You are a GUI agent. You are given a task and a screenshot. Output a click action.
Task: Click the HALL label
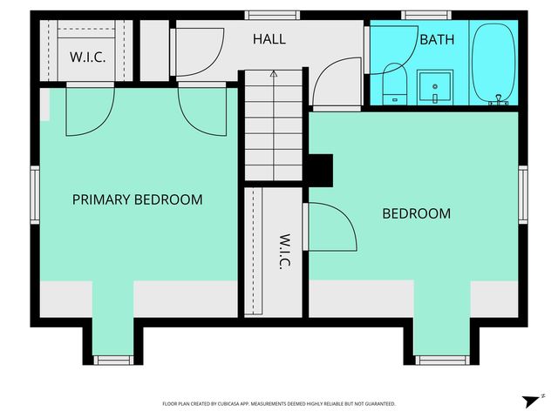coord(269,39)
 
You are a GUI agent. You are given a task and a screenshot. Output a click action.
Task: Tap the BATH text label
coord(436,39)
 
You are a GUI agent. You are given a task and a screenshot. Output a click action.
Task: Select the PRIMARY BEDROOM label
coord(137,199)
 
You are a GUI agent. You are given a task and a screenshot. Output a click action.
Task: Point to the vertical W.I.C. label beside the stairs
coord(284,252)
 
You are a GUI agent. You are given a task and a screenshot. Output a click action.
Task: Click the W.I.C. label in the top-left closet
coord(87,57)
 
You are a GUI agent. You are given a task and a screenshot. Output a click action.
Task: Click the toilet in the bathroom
coord(393,84)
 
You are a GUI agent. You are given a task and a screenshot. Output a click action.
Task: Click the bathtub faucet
coord(499,102)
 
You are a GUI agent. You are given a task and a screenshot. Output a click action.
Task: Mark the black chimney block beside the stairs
coord(321,170)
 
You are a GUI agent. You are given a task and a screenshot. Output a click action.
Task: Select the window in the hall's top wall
coord(260,15)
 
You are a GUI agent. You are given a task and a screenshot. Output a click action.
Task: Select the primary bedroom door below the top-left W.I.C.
coord(87,111)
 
